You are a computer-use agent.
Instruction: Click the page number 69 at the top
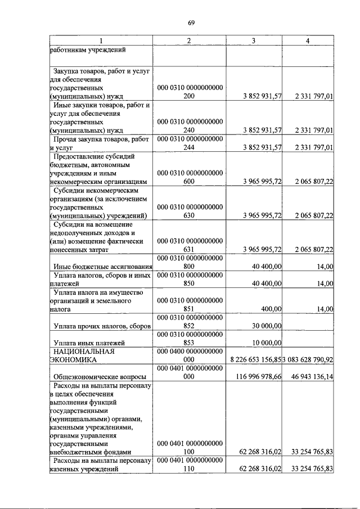pos(191,22)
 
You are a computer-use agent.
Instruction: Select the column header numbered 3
pos(254,40)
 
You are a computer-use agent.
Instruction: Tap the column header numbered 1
pos(101,40)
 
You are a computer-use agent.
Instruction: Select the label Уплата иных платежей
pos(89,342)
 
